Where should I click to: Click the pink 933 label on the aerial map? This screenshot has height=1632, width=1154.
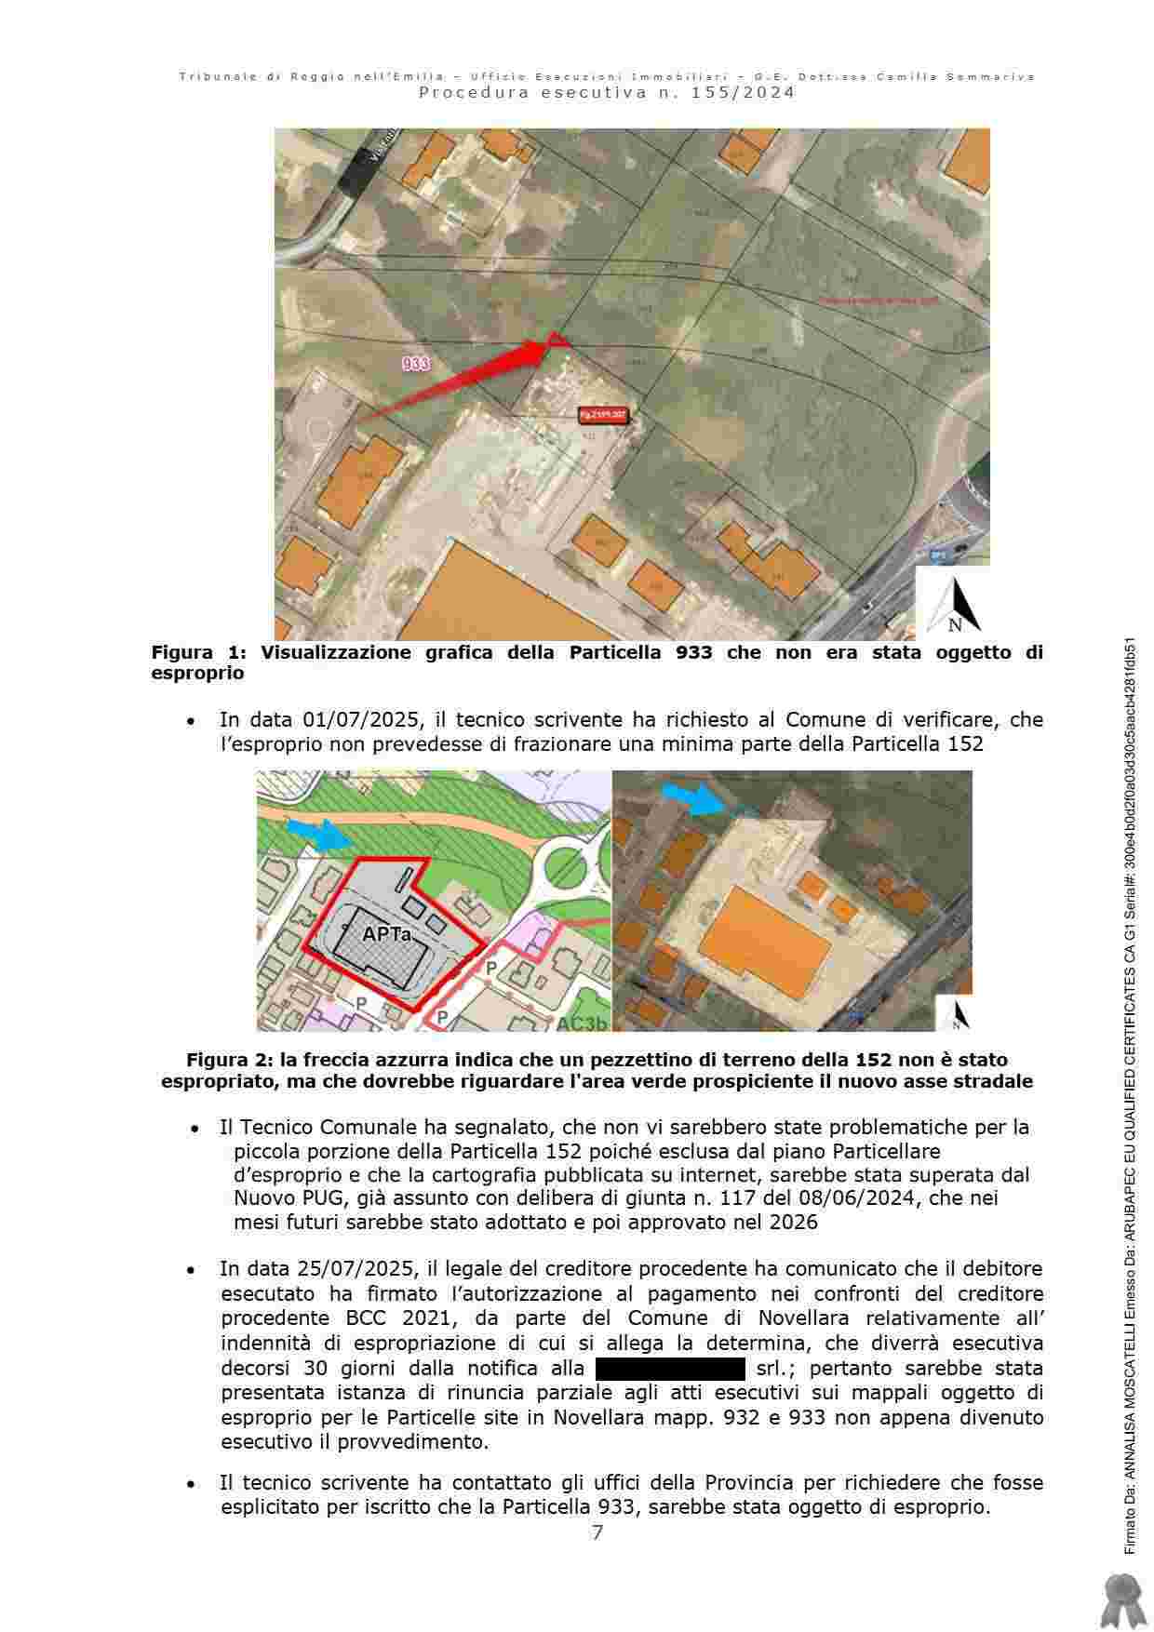coord(416,364)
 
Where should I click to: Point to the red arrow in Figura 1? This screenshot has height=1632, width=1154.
coord(465,376)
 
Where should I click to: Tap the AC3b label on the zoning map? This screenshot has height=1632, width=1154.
coord(583,1023)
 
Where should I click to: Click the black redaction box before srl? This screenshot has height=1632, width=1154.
coord(670,1369)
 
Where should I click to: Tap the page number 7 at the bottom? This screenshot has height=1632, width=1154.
coord(597,1532)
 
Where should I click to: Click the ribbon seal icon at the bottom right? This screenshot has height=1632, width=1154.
coord(1120,1599)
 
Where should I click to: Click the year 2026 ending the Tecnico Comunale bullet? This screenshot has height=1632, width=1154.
coord(794,1223)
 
